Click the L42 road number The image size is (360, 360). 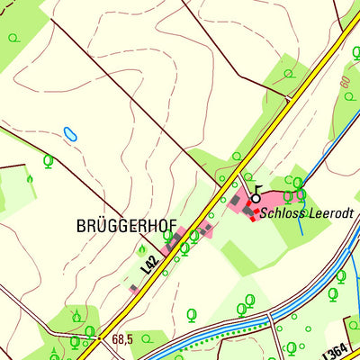[x=150, y=264]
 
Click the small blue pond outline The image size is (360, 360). [x=70, y=134]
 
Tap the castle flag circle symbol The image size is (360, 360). [x=256, y=197]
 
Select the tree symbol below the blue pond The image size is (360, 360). [x=48, y=161]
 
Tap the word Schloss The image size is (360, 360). [x=278, y=214]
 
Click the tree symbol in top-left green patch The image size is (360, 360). [x=16, y=38]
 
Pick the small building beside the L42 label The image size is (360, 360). [x=135, y=289]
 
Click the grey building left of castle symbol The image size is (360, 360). [x=236, y=200]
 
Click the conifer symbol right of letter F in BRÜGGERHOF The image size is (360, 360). [x=141, y=249]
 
